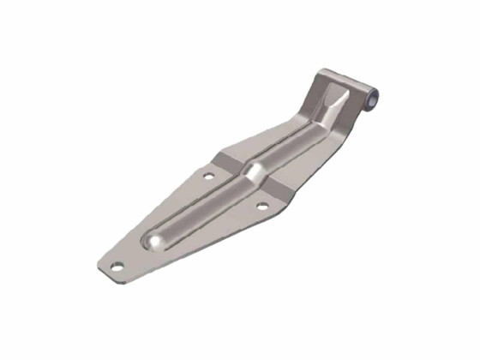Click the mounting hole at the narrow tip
[x=116, y=265]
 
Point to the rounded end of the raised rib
[x=155, y=243]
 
